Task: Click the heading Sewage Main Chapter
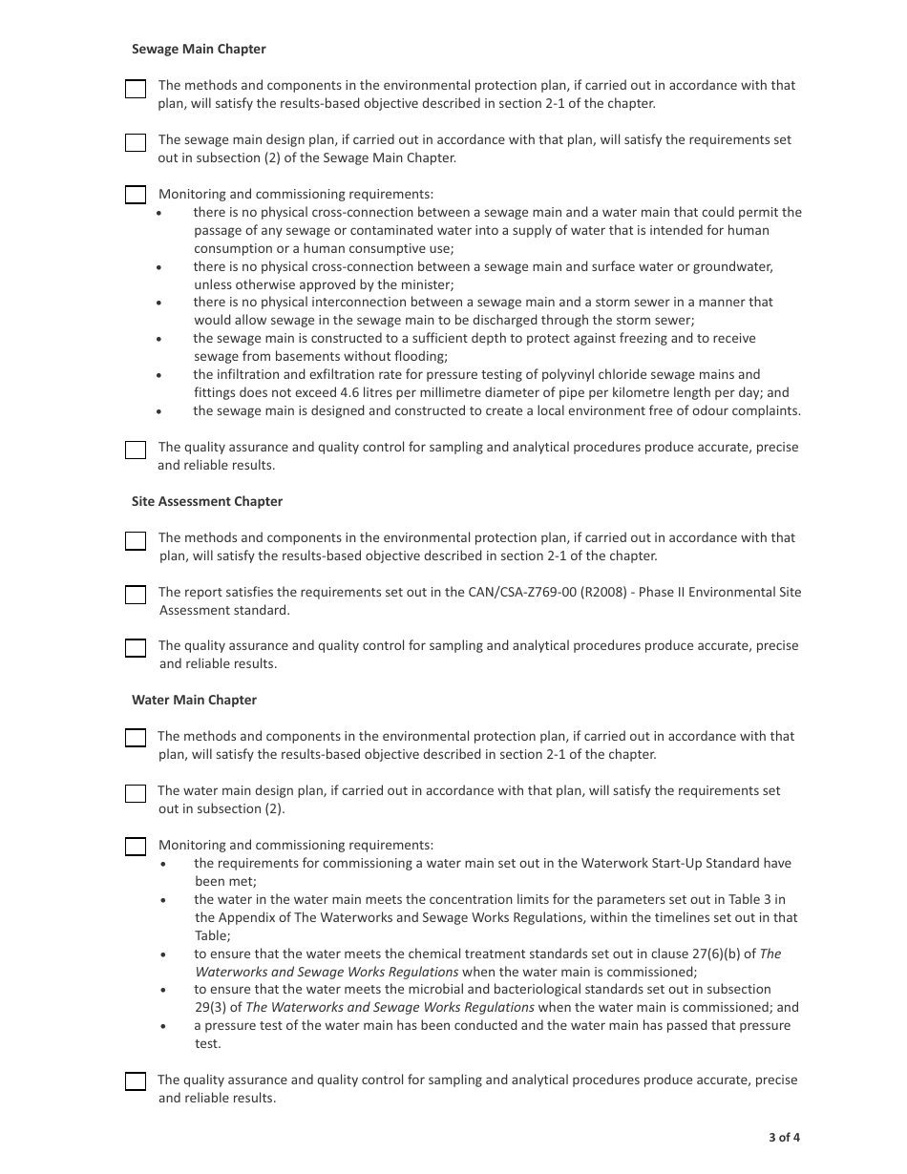point(199,49)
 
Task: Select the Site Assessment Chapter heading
point(207,501)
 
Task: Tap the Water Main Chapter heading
point(194,700)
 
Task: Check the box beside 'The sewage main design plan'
point(136,143)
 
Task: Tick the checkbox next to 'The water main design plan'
point(136,793)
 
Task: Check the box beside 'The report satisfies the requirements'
point(136,595)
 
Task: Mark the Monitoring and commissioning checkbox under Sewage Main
point(136,195)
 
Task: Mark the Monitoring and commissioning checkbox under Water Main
point(136,846)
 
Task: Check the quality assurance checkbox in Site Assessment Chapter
point(136,648)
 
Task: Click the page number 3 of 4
point(784,1137)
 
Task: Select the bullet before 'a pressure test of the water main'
point(164,1026)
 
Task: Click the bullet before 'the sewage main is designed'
point(158,411)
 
